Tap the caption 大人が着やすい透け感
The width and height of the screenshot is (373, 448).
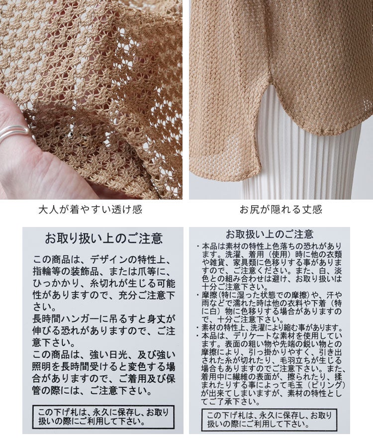pos(90,210)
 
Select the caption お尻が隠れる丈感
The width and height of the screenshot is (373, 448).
pos(281,210)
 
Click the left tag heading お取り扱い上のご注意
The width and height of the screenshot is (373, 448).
pos(103,238)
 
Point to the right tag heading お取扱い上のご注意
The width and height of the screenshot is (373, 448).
pos(270,234)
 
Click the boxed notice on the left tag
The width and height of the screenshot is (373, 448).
pos(103,417)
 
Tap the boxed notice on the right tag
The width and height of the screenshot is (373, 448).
pos(270,420)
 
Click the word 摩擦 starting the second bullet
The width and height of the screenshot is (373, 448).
pos(210,295)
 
